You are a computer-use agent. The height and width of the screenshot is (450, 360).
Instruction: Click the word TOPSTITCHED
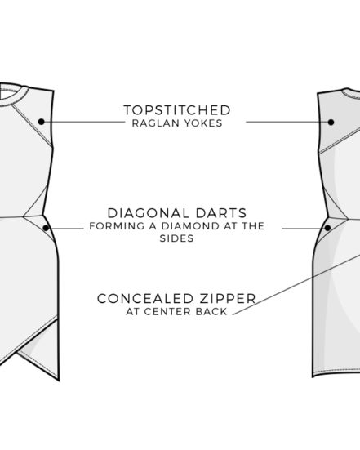pyautogui.click(x=177, y=110)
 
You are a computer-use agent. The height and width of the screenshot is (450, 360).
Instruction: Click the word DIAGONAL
pyautogui.click(x=148, y=213)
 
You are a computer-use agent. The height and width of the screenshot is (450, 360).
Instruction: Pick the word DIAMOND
pyautogui.click(x=190, y=226)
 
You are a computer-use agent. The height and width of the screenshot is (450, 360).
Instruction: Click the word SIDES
pyautogui.click(x=176, y=238)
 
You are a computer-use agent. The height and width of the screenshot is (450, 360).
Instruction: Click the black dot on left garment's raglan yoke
pyautogui.click(x=42, y=122)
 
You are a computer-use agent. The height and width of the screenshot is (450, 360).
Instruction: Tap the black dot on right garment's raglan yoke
pyautogui.click(x=331, y=122)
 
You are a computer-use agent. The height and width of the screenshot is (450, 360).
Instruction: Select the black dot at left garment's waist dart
pyautogui.click(x=46, y=228)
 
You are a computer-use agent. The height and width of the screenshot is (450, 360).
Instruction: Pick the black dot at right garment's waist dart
pyautogui.click(x=327, y=228)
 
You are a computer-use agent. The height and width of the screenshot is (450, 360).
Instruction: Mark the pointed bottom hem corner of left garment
pyautogui.click(x=59, y=381)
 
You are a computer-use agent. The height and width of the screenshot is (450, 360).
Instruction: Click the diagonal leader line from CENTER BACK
pyautogui.click(x=296, y=285)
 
